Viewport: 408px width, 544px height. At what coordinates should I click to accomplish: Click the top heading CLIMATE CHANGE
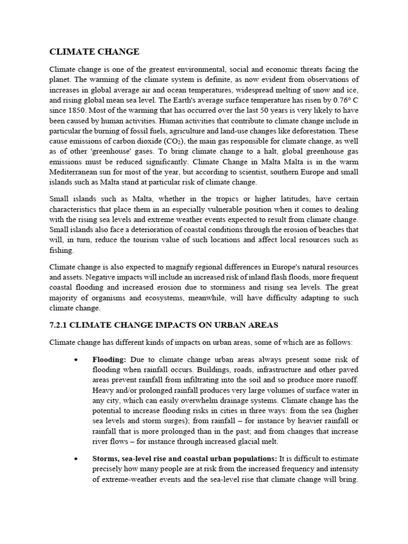tap(94, 52)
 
